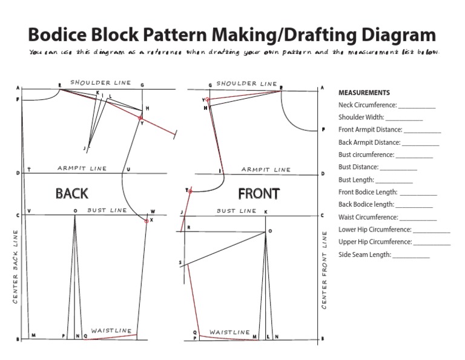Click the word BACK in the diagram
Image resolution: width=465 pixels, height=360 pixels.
coord(72,193)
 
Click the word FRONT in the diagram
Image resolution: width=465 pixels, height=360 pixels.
coord(259,194)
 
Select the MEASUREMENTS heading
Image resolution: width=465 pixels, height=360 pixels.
coord(364,93)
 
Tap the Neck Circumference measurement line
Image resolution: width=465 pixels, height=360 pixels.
coord(387,105)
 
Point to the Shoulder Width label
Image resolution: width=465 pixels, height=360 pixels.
coord(361,118)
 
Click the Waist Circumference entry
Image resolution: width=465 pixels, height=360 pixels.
coord(387,217)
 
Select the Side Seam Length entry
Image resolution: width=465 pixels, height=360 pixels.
coord(384,255)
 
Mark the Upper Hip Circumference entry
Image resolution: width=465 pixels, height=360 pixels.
coord(394,242)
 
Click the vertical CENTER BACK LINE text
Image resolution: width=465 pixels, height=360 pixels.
coord(15,267)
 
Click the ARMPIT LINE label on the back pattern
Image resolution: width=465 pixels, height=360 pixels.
coord(82,168)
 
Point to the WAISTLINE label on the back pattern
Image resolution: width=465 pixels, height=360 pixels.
coord(111,331)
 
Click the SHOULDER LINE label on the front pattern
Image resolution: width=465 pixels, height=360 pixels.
coord(246,84)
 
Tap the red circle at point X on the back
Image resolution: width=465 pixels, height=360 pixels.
coord(147,221)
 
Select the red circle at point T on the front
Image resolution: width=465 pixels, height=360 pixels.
coord(190,192)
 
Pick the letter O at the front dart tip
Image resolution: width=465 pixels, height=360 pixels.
coord(270,232)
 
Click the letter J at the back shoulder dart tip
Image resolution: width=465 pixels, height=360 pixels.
coord(84,147)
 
